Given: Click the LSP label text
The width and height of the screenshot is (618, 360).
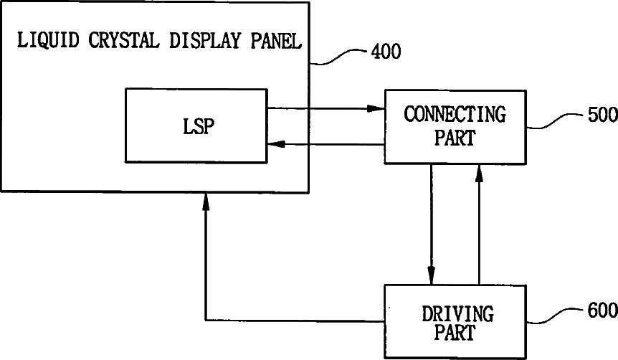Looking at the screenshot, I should (195, 126).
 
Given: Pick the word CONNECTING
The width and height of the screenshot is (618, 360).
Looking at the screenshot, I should (455, 114).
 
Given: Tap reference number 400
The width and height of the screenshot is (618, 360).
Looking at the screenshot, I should (386, 52).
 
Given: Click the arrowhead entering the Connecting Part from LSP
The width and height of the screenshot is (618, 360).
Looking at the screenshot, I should (376, 108).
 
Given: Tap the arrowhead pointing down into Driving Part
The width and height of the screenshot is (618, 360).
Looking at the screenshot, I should (431, 275).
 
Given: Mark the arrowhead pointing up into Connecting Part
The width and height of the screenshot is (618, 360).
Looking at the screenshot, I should (478, 172).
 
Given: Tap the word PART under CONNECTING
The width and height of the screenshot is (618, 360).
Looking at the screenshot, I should (455, 138).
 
